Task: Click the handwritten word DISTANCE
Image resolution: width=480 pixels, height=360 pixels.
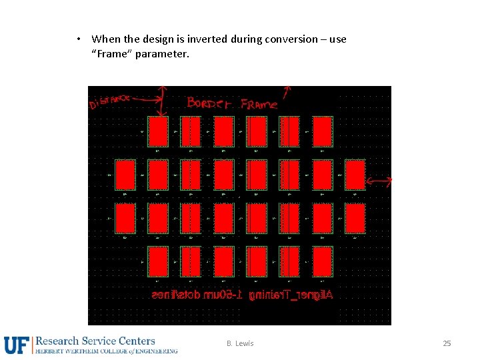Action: pos(109,101)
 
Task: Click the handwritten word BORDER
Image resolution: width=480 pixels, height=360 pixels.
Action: pos(209,103)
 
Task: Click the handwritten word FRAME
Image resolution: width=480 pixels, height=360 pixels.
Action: pos(259,103)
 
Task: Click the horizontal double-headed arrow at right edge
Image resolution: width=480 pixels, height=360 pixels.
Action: pos(379,181)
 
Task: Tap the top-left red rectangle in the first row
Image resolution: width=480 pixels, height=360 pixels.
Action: pos(157,131)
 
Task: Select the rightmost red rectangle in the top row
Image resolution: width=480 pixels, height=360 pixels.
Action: pos(322,131)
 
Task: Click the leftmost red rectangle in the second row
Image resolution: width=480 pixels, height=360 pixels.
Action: pos(125,175)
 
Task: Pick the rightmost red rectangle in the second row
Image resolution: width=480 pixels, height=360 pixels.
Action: pos(355,175)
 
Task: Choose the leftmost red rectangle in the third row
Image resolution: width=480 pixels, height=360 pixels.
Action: pos(125,218)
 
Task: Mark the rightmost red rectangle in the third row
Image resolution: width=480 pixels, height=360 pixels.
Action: pos(355,218)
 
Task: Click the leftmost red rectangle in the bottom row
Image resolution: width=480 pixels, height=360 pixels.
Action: pos(157,261)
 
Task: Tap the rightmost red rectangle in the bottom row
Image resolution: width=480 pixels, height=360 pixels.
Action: pos(322,261)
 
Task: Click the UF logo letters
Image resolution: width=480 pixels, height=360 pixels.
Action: pos(16,345)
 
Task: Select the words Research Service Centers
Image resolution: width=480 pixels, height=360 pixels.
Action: pos(95,341)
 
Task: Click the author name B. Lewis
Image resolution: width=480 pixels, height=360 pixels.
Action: pos(240,343)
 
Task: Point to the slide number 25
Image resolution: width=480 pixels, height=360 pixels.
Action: pos(447,343)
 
